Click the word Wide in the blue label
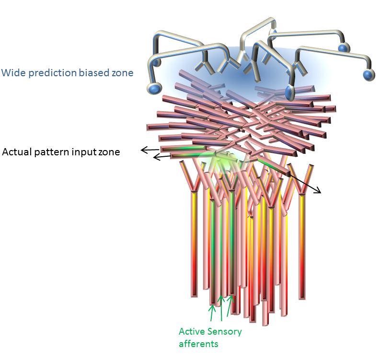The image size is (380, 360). click(x=11, y=73)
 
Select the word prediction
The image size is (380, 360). click(x=45, y=73)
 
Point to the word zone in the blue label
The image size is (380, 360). click(x=122, y=73)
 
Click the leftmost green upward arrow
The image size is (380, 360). click(x=211, y=312)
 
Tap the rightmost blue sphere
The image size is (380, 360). click(x=368, y=74)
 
